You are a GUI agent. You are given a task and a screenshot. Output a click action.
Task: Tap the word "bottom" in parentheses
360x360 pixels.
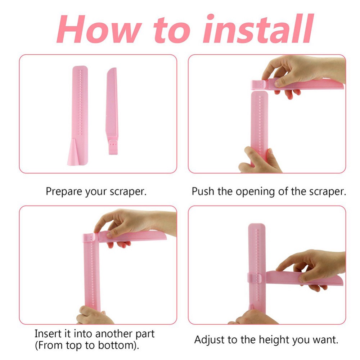(x=117, y=345)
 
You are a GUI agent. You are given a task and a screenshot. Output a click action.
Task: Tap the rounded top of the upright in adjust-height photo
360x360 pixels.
(x=257, y=227)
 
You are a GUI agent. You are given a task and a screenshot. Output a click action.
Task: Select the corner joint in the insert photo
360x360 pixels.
(x=90, y=238)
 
